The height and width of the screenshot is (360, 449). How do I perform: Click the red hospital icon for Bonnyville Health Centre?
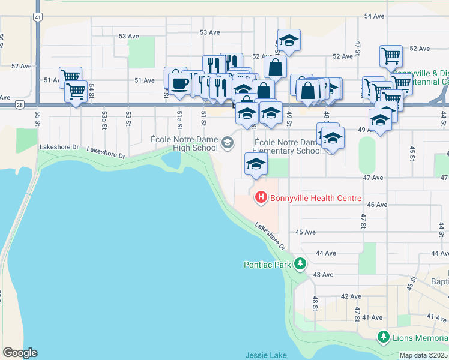[261, 197]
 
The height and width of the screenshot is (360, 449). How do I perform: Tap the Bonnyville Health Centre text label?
[316, 198]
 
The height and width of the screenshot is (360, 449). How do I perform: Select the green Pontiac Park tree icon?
[300, 264]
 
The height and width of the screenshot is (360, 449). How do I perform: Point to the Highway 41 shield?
[38, 17]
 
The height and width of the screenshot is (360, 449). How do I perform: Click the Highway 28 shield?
[20, 105]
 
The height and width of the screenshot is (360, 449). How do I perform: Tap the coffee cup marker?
[179, 83]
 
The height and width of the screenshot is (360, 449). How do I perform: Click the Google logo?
[20, 353]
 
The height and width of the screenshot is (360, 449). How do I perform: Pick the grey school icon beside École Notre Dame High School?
[228, 143]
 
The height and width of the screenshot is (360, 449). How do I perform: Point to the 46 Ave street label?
[376, 205]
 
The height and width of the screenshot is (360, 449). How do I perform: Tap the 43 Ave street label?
[323, 274]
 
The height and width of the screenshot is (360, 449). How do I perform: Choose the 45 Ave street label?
[306, 232]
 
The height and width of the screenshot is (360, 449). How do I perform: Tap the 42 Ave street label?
[351, 296]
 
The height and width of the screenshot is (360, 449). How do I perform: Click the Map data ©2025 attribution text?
[424, 355]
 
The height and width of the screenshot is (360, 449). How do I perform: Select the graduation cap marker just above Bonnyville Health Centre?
[256, 164]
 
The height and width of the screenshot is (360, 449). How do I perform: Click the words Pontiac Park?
[267, 264]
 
